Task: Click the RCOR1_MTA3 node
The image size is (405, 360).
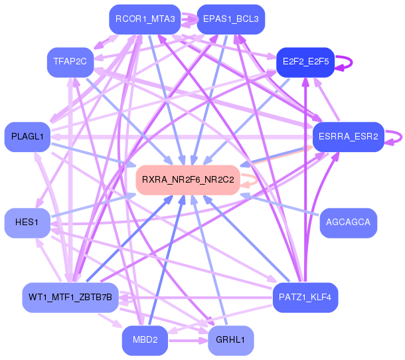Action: [x=145, y=19]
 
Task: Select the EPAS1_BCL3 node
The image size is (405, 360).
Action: [x=231, y=19]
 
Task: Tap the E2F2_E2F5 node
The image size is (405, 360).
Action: [x=305, y=62]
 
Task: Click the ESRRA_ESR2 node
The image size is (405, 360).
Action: [x=348, y=137]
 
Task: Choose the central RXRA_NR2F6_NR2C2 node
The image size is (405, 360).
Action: [x=188, y=179]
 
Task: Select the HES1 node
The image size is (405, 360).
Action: [x=27, y=222]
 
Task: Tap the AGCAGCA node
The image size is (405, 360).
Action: [x=348, y=222]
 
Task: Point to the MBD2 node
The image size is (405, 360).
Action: [x=145, y=340]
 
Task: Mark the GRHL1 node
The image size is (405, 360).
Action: [x=230, y=340]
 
